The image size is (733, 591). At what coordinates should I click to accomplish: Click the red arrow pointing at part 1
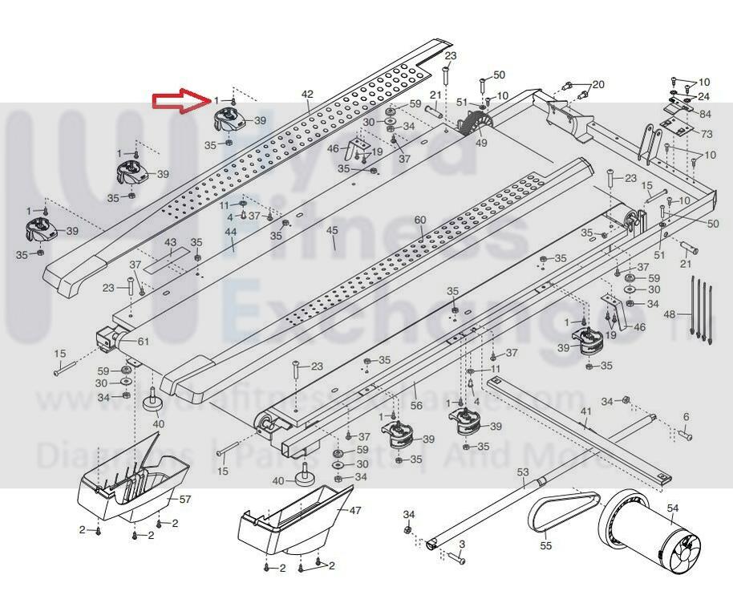(180, 99)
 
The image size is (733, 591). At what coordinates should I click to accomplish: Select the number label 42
(307, 95)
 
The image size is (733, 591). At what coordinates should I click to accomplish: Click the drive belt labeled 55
(565, 513)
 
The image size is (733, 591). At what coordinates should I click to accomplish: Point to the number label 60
(420, 220)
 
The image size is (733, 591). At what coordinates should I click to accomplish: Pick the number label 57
(185, 499)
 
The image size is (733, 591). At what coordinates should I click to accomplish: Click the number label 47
(355, 510)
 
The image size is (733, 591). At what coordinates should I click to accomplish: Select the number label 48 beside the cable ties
(670, 314)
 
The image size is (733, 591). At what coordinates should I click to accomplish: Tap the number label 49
(481, 144)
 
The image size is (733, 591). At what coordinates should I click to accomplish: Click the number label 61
(143, 342)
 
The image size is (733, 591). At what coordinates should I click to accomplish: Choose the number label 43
(170, 242)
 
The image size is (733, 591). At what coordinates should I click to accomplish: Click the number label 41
(586, 411)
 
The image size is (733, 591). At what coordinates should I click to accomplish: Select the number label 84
(705, 114)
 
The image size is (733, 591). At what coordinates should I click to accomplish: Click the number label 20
(598, 84)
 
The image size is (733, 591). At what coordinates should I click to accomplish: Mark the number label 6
(686, 417)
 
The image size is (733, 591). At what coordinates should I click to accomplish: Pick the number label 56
(416, 407)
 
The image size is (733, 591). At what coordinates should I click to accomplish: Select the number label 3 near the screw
(462, 544)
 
